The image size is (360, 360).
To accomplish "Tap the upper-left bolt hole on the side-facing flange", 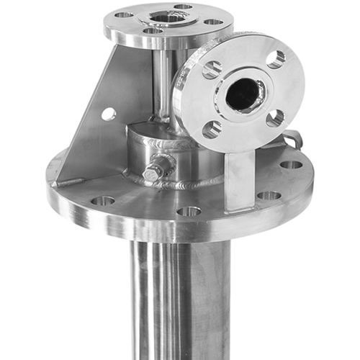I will coord(212,70).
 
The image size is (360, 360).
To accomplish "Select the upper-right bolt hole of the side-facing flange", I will coord(276,59).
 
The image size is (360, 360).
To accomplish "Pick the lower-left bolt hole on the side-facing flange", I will coord(212,130).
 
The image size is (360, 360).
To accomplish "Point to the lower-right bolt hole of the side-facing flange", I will coord(274,118).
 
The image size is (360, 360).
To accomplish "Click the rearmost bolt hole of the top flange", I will coord(183,6).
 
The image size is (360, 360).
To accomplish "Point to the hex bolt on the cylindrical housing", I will coord(153,173).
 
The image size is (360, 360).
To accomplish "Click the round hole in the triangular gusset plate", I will coord(109,114).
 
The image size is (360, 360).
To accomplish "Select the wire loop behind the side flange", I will coord(292,139).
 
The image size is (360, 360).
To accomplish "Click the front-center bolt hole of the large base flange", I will coord(189,211).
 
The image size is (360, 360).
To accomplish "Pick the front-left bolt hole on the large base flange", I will coord(102,201).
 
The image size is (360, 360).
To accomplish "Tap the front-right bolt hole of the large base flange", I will coord(269,195).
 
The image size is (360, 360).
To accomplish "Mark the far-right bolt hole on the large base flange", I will coord(291,165).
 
